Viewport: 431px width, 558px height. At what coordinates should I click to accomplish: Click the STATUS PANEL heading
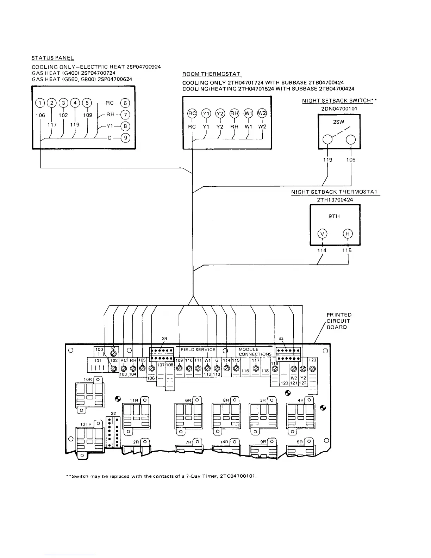click(53, 58)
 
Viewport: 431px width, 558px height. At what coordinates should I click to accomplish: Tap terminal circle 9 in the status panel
click(125, 138)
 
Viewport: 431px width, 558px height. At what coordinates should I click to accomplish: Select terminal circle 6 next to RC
click(125, 103)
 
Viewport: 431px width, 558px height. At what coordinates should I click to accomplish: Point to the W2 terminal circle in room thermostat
click(262, 113)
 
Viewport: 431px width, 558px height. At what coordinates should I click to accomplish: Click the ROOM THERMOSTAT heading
click(211, 74)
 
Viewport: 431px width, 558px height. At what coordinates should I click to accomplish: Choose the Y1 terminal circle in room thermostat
click(206, 113)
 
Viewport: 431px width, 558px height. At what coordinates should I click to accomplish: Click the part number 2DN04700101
click(339, 108)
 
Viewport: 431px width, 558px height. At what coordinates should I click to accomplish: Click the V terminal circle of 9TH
click(322, 234)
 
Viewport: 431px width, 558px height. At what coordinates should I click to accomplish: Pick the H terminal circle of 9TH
click(348, 234)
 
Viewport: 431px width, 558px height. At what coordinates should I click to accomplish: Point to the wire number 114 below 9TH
click(321, 250)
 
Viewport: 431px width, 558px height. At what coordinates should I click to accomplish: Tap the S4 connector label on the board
click(164, 339)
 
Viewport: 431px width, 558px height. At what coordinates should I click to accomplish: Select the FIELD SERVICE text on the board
click(198, 349)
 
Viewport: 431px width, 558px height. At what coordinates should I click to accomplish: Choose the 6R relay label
click(188, 401)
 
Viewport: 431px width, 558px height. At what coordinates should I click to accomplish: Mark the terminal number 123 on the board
click(312, 360)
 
